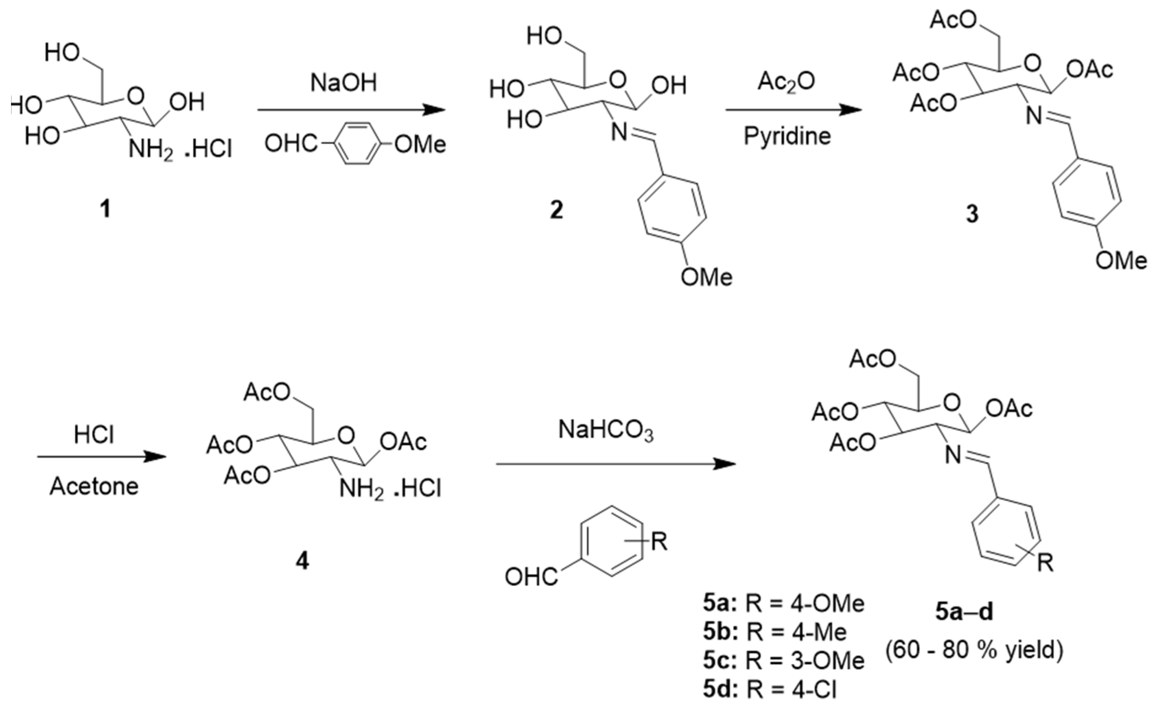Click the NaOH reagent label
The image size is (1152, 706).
point(343,83)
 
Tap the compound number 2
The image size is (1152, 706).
point(556,210)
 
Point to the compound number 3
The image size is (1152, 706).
point(972,214)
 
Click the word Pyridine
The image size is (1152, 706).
point(787,136)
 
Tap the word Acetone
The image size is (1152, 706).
point(94,487)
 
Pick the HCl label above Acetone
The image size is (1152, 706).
point(94,435)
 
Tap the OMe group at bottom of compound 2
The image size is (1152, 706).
point(706,277)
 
